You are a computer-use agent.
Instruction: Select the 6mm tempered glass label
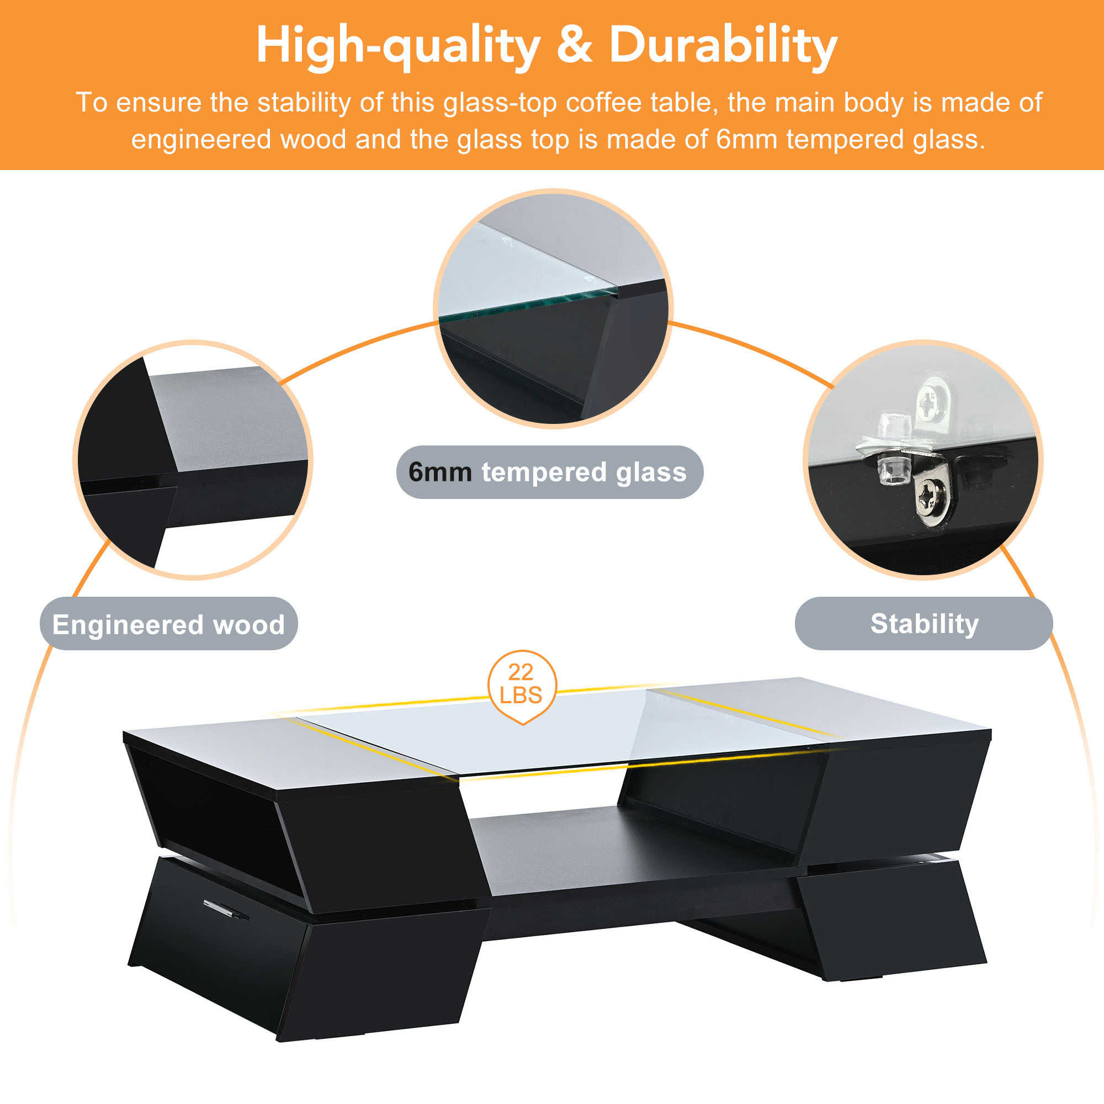point(550,473)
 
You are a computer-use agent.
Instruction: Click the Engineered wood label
point(168,624)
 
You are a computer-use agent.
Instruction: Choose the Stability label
point(924,624)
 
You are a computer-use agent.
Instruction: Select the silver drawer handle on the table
point(226,909)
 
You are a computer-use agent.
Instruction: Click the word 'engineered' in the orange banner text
point(200,141)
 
